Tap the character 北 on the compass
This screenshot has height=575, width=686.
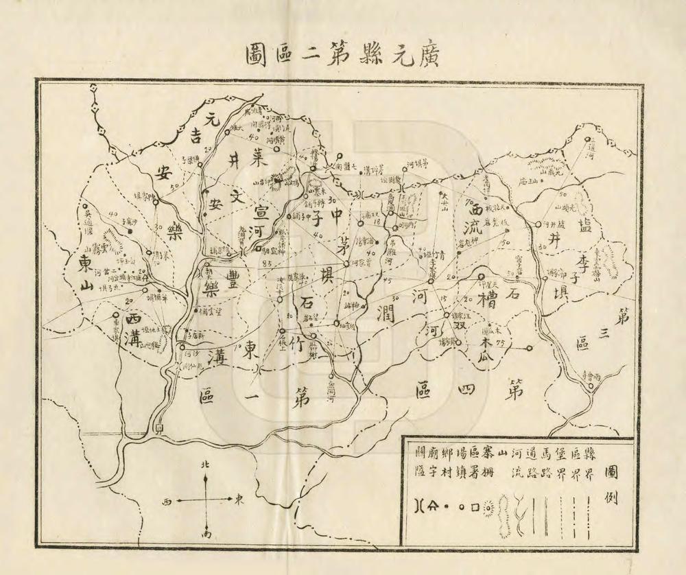coord(204,465)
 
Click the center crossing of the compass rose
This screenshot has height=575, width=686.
coord(205,500)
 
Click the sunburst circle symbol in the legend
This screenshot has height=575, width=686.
coord(488,508)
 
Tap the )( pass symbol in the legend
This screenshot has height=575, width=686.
coord(419,508)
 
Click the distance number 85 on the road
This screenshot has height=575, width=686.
coord(267,263)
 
